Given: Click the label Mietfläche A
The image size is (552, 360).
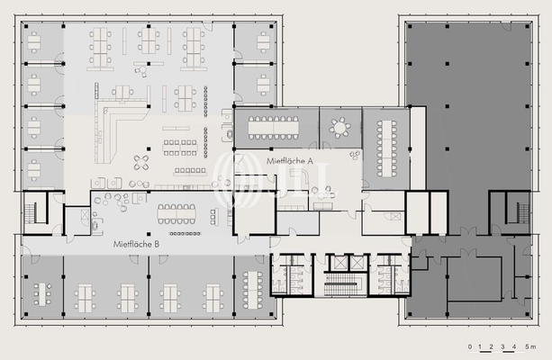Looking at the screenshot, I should click(290, 160).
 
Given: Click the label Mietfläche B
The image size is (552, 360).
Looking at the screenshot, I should click(137, 244).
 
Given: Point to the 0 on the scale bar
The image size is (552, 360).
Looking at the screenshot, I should click(468, 346).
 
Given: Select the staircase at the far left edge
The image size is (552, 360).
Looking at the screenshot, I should click(34, 212).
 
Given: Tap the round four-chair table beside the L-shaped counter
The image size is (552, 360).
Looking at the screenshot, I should click(142, 163).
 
